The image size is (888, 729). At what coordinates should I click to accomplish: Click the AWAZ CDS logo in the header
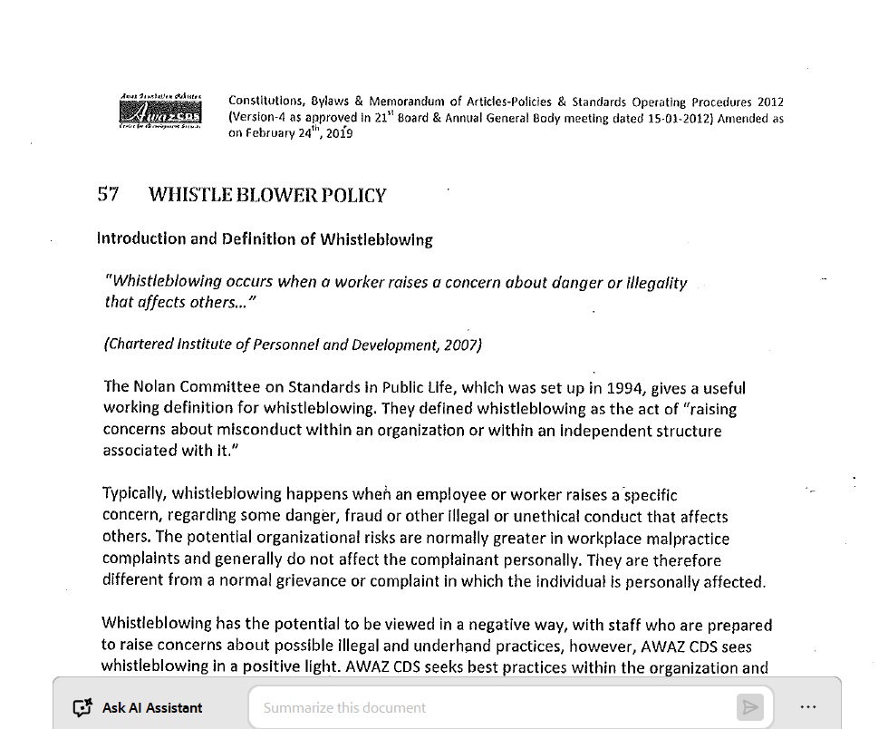[x=160, y=112]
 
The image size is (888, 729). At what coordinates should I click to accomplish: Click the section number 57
[x=108, y=195]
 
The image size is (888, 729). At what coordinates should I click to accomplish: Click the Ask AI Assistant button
[x=138, y=707]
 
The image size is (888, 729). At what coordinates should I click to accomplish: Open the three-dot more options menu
[x=808, y=707]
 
